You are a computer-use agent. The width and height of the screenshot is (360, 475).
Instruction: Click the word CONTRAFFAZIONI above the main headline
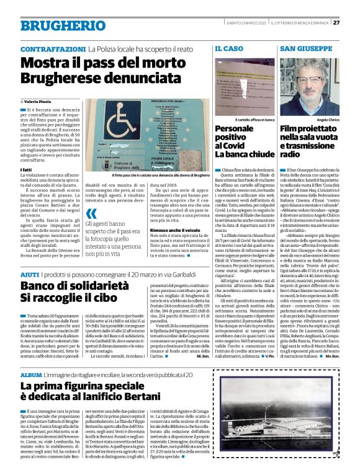point(52,48)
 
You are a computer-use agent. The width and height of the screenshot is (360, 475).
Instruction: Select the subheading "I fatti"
point(26,169)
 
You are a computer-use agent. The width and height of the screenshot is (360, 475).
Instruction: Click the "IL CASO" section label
point(229,48)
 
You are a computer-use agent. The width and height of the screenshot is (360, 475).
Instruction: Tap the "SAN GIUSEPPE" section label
point(304,48)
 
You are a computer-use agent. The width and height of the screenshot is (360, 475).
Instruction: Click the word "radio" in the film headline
point(291,154)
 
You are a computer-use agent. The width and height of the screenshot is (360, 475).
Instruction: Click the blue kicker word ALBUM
point(31,376)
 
